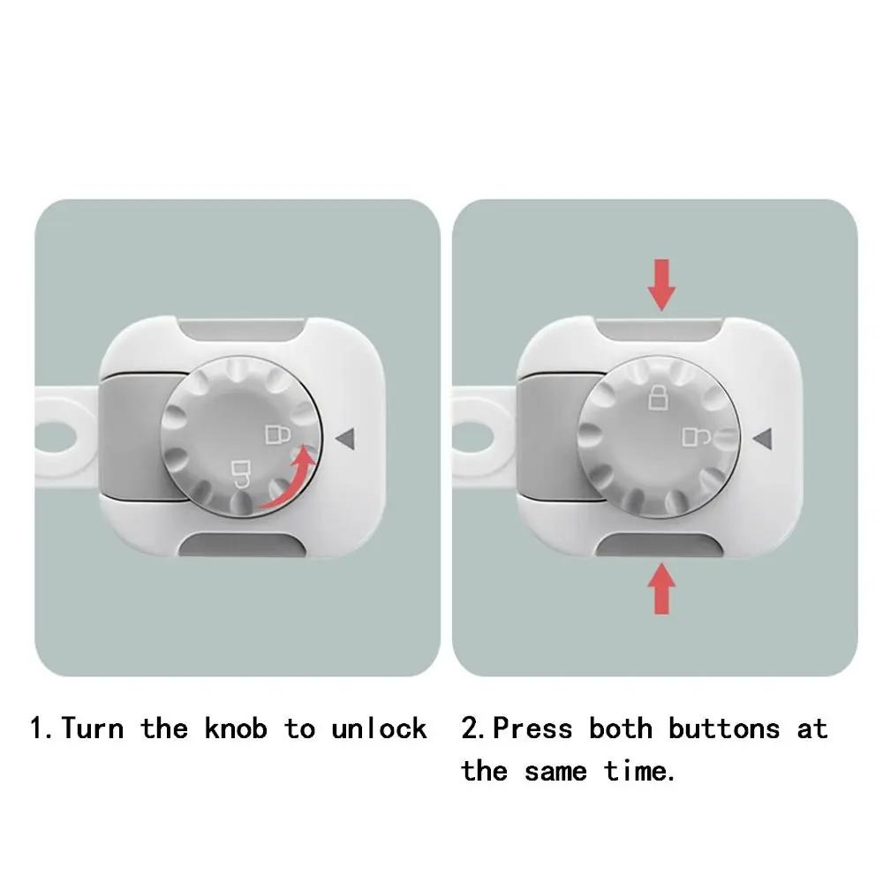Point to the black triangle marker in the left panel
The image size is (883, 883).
[x=346, y=435]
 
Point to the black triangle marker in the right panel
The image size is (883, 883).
[x=764, y=435]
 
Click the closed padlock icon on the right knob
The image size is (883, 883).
[x=659, y=398]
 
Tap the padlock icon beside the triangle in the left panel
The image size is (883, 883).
[x=277, y=434]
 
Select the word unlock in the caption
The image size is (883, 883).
[x=379, y=728]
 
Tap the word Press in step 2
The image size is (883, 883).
[x=532, y=728]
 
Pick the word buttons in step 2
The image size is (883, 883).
[x=724, y=728]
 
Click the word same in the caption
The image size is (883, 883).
[x=555, y=771]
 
